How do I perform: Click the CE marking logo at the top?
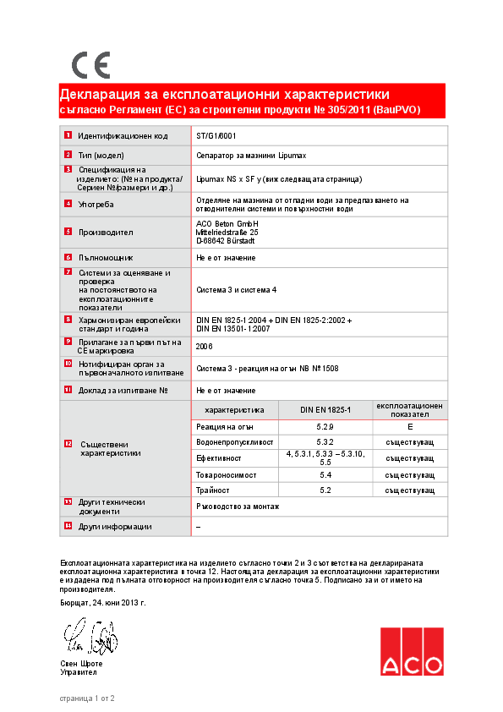90,65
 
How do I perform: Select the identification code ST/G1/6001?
216,135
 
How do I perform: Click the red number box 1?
68,135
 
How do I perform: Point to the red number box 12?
68,443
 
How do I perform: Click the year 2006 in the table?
204,347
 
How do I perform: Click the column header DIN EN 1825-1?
325,410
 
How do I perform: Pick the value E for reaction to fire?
409,427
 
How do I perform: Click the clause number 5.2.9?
325,427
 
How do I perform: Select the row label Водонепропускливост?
234,442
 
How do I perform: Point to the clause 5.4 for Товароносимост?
325,474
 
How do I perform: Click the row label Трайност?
213,490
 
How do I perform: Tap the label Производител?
106,232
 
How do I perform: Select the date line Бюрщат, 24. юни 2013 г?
103,603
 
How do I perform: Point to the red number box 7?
68,272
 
